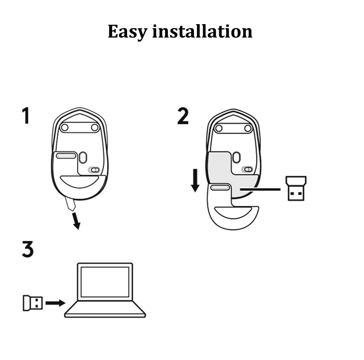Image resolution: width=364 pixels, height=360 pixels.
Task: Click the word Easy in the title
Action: [x=128, y=32]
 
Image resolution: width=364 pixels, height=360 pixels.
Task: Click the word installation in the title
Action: [x=202, y=31]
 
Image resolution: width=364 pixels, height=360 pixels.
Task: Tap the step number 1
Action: [x=26, y=116]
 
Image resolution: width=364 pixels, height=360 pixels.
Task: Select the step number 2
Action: [x=183, y=116]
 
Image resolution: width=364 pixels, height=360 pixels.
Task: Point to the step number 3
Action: [x=27, y=249]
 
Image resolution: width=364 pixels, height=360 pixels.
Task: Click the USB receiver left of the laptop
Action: [x=33, y=303]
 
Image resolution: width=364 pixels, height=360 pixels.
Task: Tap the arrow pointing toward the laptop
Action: [x=55, y=303]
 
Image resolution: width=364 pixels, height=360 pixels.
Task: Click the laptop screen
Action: [x=105, y=282]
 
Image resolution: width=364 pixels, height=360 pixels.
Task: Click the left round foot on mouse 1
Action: [x=65, y=127]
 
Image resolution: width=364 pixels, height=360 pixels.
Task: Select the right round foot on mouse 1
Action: [x=95, y=127]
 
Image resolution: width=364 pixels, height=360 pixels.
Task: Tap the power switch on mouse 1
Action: [x=94, y=170]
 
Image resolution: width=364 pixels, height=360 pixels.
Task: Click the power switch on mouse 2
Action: [x=247, y=169]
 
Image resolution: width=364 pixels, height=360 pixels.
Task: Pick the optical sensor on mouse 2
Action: [x=236, y=157]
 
